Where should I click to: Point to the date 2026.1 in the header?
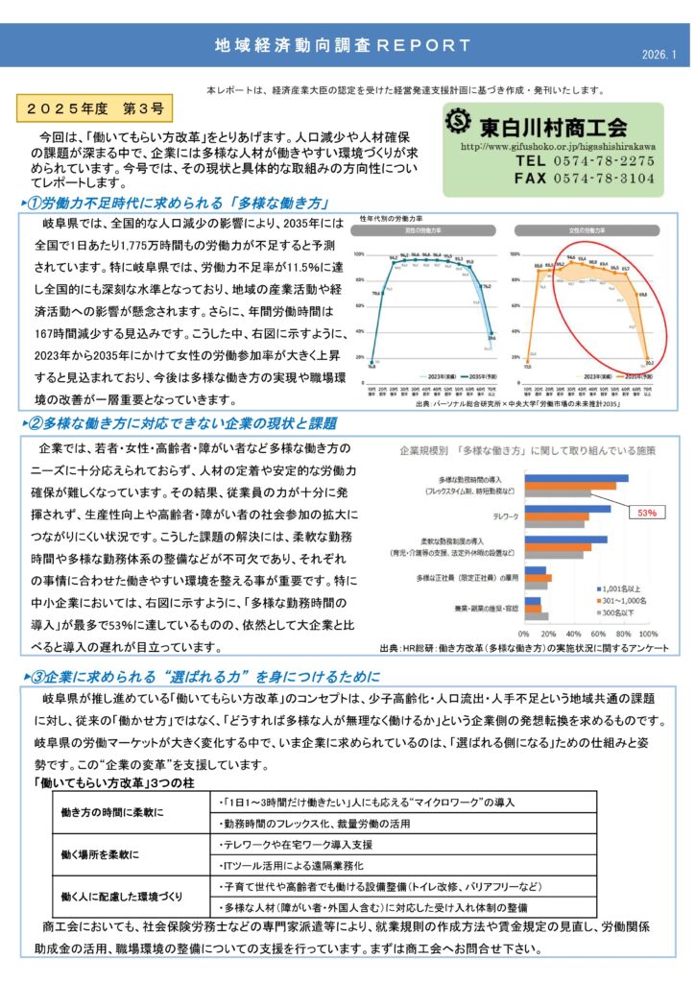(x=659, y=54)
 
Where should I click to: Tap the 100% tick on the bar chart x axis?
(x=648, y=635)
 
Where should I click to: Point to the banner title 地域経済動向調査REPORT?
(x=343, y=45)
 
